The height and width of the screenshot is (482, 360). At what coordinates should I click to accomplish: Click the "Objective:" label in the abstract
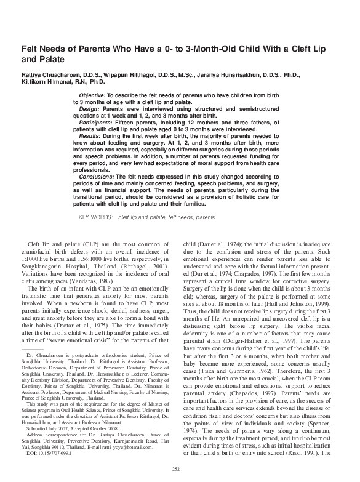(x=92, y=97)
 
